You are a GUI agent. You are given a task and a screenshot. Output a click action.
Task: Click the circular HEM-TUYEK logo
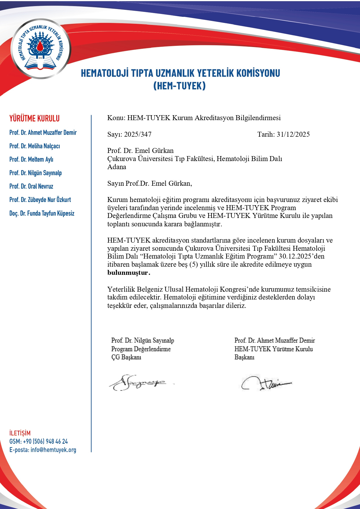tap(40, 49)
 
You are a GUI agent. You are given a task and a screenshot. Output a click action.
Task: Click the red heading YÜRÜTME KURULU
tap(35, 118)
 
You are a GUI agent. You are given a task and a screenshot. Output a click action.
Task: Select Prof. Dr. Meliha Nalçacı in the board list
tap(35, 146)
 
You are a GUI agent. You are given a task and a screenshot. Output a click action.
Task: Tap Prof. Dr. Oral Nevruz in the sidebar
tap(31, 186)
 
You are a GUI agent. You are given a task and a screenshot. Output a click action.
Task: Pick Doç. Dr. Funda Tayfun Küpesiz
tap(42, 213)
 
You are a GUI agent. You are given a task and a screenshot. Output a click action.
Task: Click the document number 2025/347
tap(138, 134)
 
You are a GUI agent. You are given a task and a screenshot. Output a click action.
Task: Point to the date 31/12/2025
tap(293, 134)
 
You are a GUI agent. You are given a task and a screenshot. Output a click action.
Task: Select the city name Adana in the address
tap(117, 167)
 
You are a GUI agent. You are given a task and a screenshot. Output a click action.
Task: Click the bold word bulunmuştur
tap(129, 273)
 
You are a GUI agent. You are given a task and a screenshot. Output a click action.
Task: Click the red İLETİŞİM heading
tap(20, 433)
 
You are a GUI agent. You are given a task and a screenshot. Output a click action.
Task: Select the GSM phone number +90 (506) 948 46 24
tap(45, 441)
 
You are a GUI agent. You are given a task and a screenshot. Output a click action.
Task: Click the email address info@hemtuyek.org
tap(53, 450)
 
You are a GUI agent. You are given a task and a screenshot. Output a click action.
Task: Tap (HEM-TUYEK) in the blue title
tap(180, 86)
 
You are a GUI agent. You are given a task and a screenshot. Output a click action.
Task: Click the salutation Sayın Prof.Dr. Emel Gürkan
tap(149, 183)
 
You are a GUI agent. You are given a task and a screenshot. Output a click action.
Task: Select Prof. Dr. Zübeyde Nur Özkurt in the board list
tap(40, 200)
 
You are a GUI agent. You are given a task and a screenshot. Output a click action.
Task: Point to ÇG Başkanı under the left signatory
tap(126, 357)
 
